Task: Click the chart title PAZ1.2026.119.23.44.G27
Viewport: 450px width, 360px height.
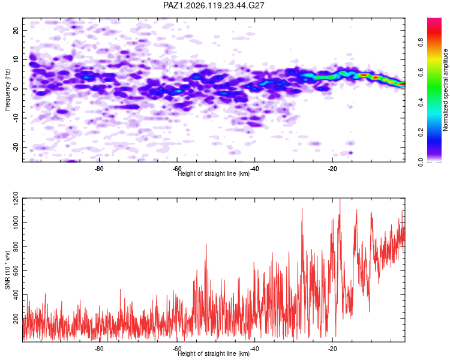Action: [214, 5]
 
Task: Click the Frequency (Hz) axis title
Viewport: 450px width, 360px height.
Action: [7, 90]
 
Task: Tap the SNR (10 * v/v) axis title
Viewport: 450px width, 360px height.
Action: [7, 270]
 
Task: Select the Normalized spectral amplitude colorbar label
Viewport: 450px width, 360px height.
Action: [445, 90]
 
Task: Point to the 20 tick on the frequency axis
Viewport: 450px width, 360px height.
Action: [16, 30]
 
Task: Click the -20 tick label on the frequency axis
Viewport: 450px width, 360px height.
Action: [16, 148]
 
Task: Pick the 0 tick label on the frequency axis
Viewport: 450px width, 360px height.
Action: [16, 89]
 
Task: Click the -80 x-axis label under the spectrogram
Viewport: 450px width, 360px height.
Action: [99, 168]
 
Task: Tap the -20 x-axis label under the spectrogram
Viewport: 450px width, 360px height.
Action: [332, 168]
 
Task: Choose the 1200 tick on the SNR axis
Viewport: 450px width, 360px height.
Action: [16, 199]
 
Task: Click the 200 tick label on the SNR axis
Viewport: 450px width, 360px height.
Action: [16, 319]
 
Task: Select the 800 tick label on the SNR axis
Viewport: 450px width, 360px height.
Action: [16, 247]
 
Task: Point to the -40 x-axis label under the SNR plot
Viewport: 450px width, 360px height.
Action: [254, 349]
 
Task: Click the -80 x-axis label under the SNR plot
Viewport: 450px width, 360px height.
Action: [99, 349]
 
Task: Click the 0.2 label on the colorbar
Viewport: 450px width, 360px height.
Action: [421, 133]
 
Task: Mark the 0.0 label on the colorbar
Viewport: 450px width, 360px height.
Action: [421, 162]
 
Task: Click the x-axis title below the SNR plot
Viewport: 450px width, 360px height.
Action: [214, 353]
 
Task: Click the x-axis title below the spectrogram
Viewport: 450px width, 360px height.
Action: [214, 173]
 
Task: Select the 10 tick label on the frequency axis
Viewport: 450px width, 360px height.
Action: [16, 59]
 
